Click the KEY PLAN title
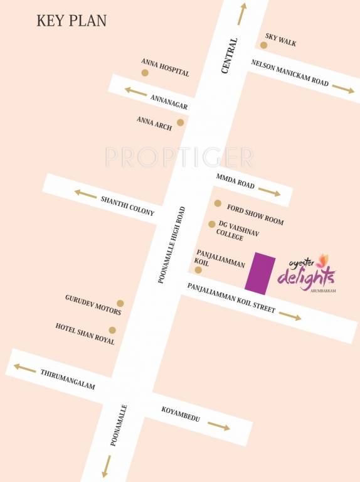point(71,20)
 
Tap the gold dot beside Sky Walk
point(264,45)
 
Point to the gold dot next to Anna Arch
point(181,122)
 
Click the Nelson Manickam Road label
point(290,74)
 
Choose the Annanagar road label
point(169,102)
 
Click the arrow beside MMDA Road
point(269,191)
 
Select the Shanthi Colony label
point(127,205)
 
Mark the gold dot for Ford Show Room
point(218,203)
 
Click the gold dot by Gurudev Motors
point(120,304)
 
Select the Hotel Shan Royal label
point(85,334)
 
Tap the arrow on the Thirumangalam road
point(25,368)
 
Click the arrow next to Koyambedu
point(218,427)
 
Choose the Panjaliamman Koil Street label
point(231,297)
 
